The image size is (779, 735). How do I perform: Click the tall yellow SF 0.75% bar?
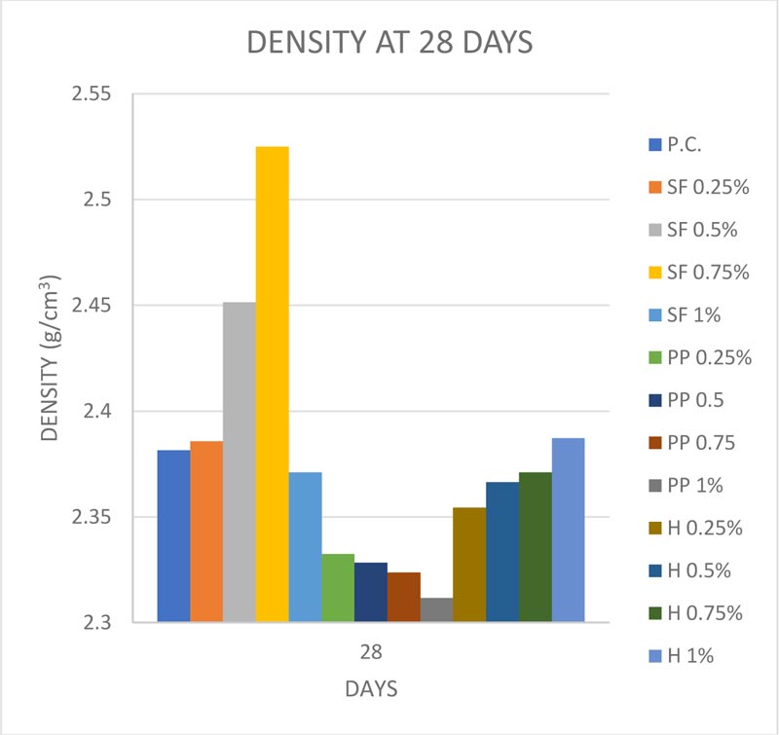pos(272,384)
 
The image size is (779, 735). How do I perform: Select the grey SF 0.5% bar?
pos(239,462)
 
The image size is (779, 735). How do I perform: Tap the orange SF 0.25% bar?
pos(206,532)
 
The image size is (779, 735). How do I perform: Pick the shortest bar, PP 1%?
pos(437,610)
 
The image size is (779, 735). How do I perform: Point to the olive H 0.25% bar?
pos(469,565)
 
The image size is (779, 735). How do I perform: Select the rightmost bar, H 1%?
pos(569,530)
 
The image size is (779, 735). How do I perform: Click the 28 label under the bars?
pos(371,649)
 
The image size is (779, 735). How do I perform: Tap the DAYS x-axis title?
pos(371,688)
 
